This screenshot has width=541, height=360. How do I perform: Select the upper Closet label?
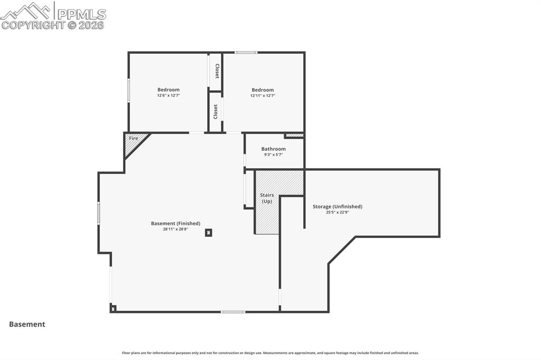217,71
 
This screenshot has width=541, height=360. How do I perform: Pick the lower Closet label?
216,111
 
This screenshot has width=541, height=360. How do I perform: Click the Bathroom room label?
273,149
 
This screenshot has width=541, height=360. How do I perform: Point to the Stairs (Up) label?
267,198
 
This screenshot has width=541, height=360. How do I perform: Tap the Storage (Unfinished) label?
337,206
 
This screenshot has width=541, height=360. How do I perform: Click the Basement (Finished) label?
175,223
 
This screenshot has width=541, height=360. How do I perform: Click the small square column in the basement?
209,232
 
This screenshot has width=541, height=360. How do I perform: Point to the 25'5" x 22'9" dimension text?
337,212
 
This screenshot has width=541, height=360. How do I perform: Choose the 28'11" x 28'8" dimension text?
175,229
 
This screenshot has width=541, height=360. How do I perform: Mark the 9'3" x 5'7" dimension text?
273,155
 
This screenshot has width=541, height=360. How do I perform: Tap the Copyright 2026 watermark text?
53,25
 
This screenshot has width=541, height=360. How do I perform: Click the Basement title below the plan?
27,324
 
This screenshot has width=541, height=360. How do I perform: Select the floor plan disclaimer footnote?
270,353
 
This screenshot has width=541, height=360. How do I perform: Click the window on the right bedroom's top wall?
246,52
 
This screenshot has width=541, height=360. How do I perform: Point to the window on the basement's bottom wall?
232,311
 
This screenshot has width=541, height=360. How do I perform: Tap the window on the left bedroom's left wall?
128,90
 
